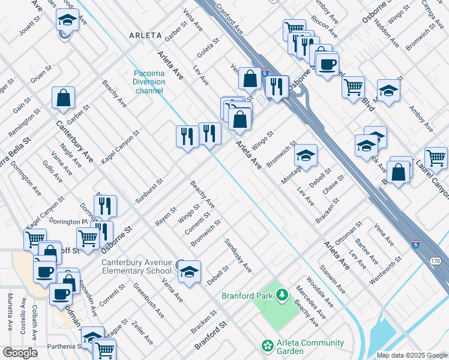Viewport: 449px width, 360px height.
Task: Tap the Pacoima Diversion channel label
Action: (x=149, y=82)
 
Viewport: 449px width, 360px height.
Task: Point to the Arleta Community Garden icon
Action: (x=267, y=347)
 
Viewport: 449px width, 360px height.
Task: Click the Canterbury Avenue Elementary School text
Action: (x=136, y=266)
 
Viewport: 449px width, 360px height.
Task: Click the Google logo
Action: (x=20, y=353)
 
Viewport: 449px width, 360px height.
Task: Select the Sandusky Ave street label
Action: (x=238, y=254)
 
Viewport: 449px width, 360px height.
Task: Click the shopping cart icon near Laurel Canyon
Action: (x=436, y=158)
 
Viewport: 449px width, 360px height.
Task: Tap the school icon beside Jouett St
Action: (x=68, y=19)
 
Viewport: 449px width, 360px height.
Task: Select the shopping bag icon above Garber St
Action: (x=63, y=98)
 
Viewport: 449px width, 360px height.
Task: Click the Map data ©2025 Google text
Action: (x=412, y=355)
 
